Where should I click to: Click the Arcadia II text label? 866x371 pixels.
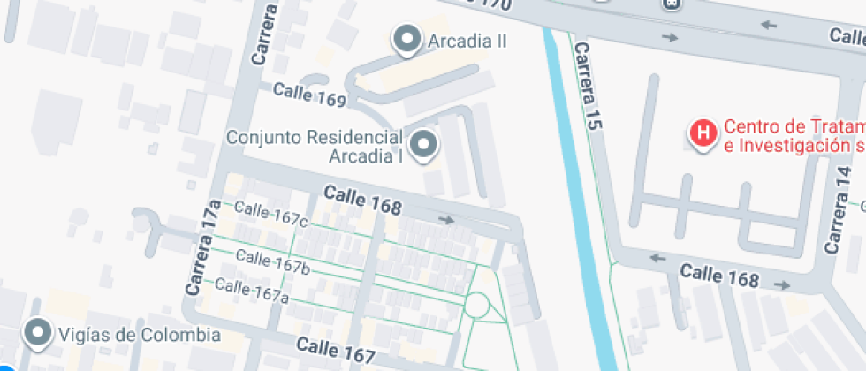point(467,41)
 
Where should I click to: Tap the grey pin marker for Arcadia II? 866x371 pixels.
point(407,39)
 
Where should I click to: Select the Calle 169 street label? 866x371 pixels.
point(309,95)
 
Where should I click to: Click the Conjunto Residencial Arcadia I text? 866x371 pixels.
point(315,147)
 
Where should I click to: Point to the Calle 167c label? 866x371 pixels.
point(272,215)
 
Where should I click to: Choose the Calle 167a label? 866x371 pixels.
point(252,290)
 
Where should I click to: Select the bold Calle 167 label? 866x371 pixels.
point(336,351)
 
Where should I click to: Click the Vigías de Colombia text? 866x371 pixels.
point(139,335)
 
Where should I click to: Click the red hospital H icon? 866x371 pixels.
point(703,133)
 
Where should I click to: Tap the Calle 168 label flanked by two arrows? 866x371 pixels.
point(718,276)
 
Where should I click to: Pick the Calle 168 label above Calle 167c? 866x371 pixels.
point(362,200)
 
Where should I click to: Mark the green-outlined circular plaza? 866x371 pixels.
point(476,307)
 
